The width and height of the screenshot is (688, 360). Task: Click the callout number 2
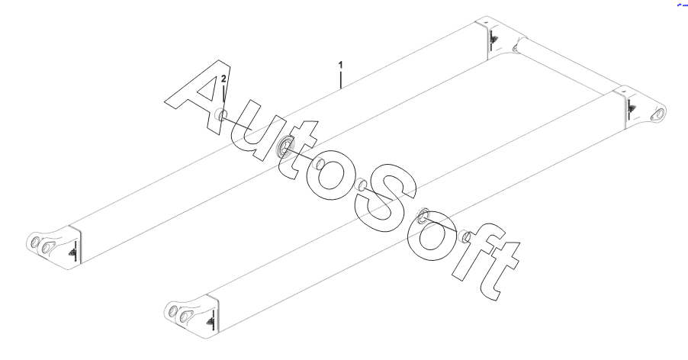[223, 79]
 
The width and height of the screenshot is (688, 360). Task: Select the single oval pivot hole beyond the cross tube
[656, 114]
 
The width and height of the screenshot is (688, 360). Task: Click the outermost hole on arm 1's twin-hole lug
[35, 243]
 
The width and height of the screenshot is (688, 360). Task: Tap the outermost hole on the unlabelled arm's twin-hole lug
[172, 311]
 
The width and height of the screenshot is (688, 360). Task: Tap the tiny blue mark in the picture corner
[681, 5]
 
